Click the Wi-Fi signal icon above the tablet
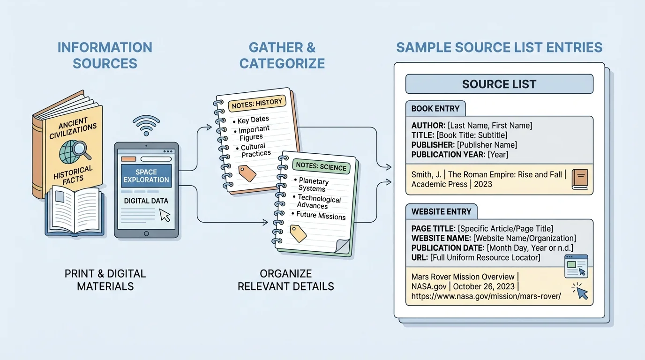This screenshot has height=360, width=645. [146, 126]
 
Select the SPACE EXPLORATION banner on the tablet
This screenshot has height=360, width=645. [146, 176]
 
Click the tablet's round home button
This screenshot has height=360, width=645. [146, 233]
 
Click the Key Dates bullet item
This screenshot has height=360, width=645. [253, 120]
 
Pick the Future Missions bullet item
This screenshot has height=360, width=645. [321, 216]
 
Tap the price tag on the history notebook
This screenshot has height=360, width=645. [247, 173]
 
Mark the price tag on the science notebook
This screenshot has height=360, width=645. [298, 232]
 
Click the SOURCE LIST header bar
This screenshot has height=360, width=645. [499, 84]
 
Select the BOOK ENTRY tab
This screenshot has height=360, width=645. [435, 109]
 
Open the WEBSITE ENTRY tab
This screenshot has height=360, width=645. [441, 211]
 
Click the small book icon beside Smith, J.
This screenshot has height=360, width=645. [579, 180]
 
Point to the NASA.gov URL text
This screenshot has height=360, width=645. [486, 296]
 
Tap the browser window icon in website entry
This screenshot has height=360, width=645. [576, 265]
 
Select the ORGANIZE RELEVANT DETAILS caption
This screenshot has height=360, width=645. [285, 280]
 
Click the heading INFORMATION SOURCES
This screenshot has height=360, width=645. [105, 55]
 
